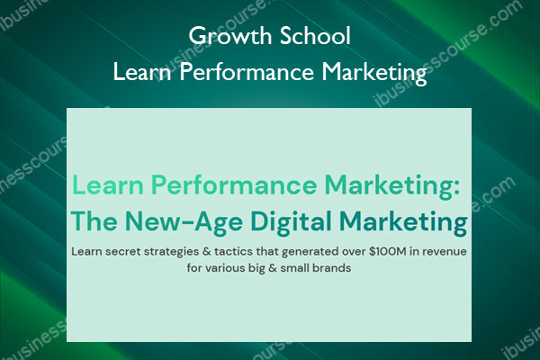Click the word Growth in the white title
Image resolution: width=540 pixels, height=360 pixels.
pyautogui.click(x=230, y=36)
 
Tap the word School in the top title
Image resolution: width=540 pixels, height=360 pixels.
pyautogui.click(x=315, y=36)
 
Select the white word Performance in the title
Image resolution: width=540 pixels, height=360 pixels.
pyautogui.click(x=247, y=73)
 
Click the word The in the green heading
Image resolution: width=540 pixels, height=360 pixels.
pyautogui.click(x=94, y=221)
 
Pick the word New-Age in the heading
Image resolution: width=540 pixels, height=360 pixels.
pyautogui.click(x=184, y=223)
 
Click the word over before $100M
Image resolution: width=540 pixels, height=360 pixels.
pyautogui.click(x=354, y=252)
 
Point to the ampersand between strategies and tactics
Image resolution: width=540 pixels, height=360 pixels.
pyautogui.click(x=207, y=251)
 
